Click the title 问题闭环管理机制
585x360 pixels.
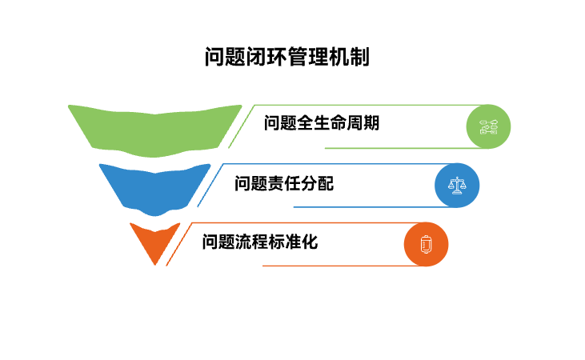click(286, 58)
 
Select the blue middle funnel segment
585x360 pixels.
click(154, 186)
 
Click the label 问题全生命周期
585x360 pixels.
click(321, 124)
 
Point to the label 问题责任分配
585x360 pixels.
click(283, 183)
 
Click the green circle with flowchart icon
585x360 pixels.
click(488, 126)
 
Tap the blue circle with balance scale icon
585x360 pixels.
click(456, 186)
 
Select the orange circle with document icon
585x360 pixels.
click(426, 244)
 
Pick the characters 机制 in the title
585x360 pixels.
click(350, 58)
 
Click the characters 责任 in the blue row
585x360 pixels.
click(283, 183)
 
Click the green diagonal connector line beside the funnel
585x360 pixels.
click(240, 126)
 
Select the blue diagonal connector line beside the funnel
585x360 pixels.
click(208, 186)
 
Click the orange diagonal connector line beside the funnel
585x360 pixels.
click(177, 244)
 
